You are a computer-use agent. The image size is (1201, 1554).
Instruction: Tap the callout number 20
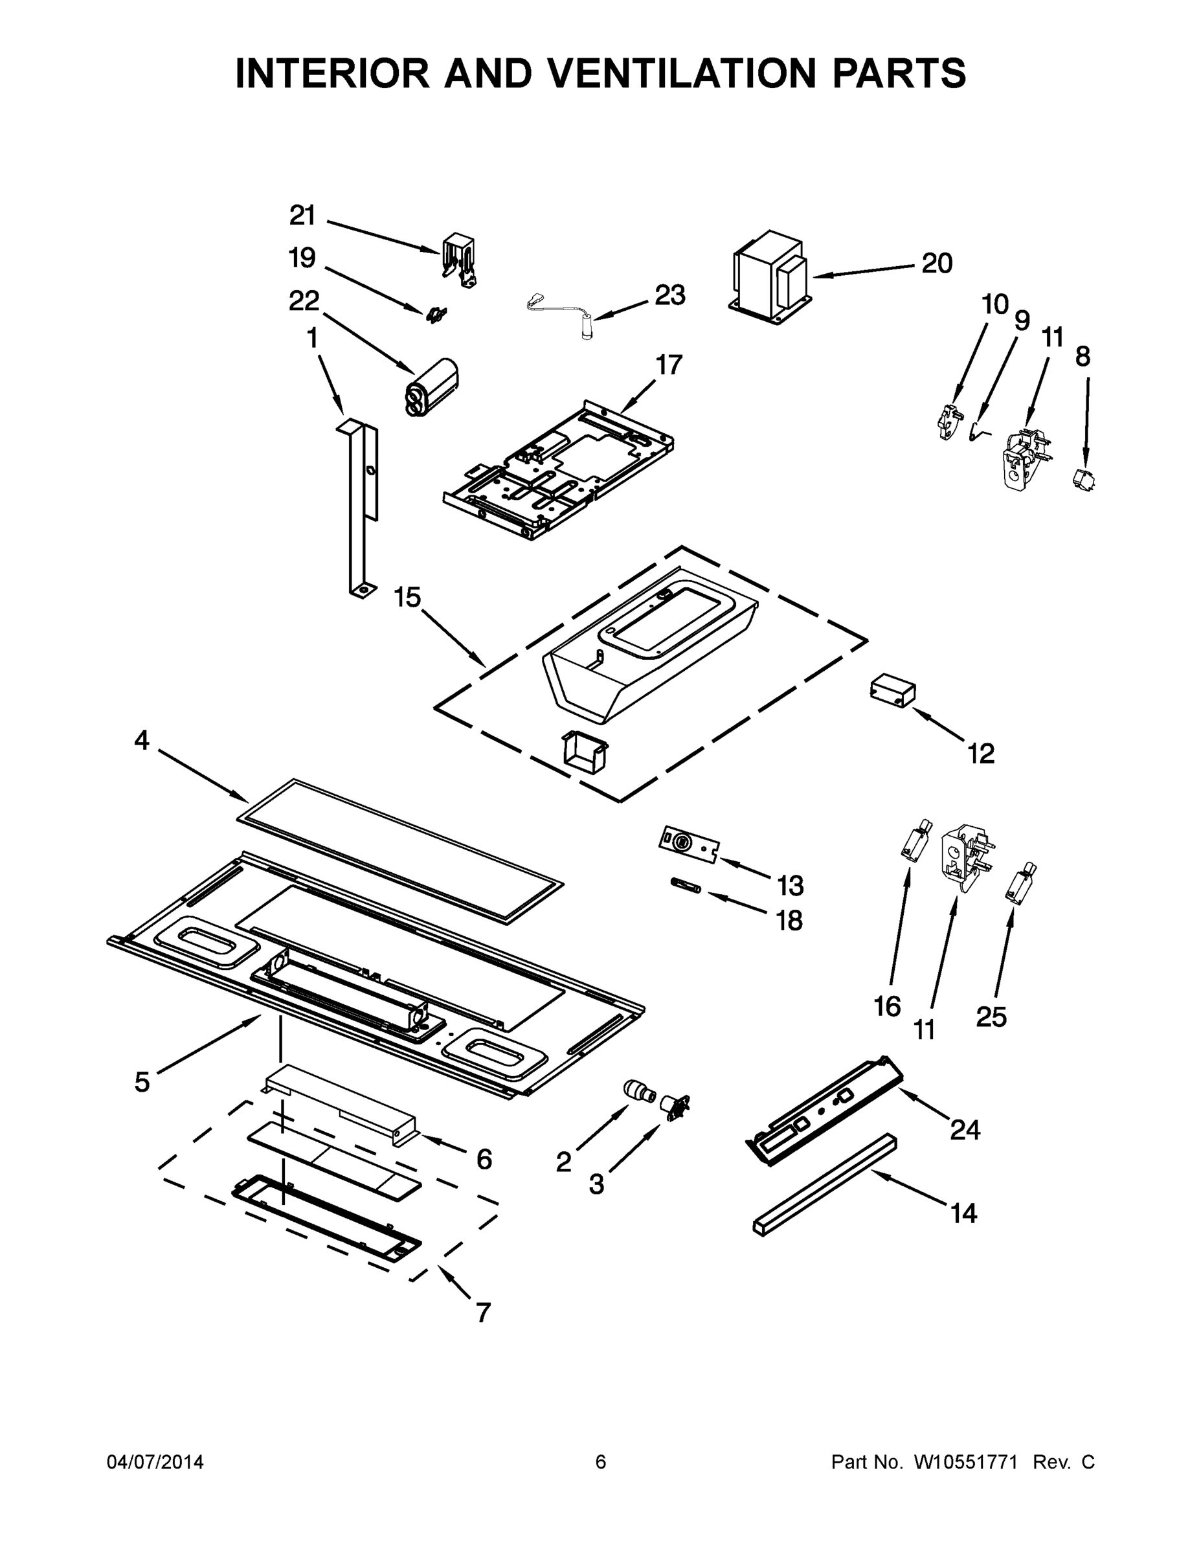936,264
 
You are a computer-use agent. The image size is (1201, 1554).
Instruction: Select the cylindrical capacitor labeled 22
432,387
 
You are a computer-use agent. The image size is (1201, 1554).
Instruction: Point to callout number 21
302,215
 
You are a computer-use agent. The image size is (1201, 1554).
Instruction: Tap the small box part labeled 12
892,692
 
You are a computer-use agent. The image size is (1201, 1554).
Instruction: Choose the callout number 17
669,365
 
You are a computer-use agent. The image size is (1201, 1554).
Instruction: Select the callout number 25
991,1017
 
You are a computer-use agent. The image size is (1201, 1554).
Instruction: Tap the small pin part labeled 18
686,886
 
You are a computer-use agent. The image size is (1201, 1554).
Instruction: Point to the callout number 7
483,1312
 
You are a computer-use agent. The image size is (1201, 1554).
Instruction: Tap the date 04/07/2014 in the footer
155,1462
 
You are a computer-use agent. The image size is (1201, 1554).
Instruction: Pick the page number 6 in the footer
601,1462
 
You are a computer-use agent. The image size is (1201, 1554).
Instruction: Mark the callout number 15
408,597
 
